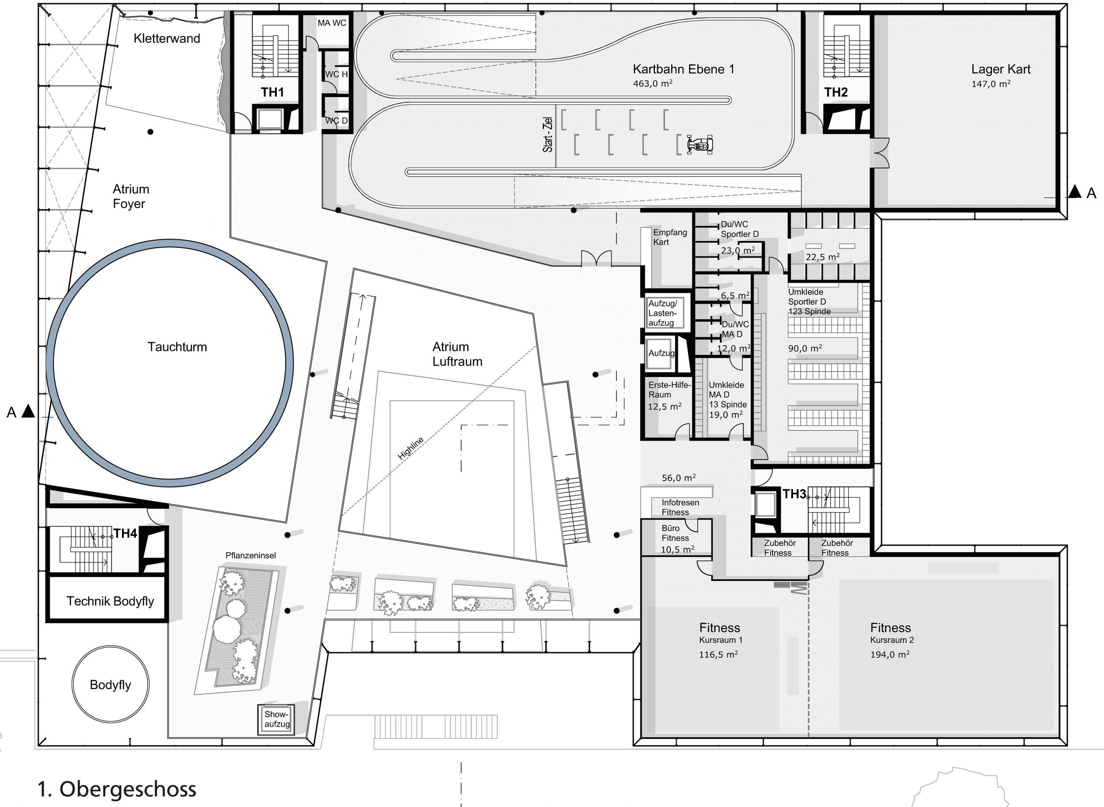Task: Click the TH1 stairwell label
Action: tap(272, 92)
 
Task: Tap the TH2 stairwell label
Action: tap(836, 92)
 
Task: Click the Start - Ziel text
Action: tap(548, 135)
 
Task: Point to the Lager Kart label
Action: tap(1000, 69)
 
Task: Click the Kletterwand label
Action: tap(166, 38)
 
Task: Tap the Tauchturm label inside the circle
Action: tap(178, 347)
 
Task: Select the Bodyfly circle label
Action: tap(110, 685)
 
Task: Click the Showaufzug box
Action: tap(277, 719)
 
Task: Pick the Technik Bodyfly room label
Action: tap(110, 601)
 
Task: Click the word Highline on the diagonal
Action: tap(411, 449)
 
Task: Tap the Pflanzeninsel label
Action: tap(251, 555)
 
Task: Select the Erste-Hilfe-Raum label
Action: tap(669, 390)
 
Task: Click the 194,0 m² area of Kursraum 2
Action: tap(889, 655)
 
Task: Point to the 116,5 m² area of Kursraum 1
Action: tap(718, 655)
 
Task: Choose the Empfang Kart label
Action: tap(669, 238)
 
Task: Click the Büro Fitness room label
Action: tap(675, 533)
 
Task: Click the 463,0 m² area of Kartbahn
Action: tap(652, 83)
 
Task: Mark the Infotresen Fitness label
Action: tap(681, 507)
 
